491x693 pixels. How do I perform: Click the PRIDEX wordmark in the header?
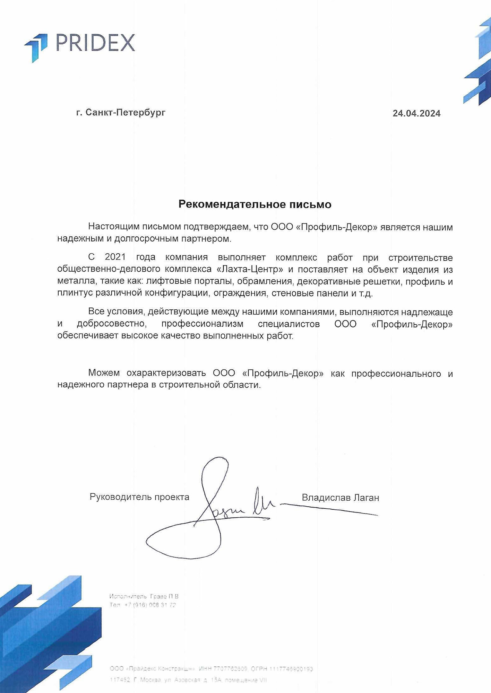click(x=95, y=43)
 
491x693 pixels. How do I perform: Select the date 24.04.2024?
click(x=416, y=113)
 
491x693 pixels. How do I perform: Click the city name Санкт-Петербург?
click(x=125, y=112)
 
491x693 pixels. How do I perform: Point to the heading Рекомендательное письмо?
click(x=255, y=204)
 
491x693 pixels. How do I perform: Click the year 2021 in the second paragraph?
click(x=115, y=257)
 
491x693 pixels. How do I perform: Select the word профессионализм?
click(x=202, y=324)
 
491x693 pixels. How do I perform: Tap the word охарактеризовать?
click(x=166, y=373)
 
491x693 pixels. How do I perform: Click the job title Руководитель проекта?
click(x=139, y=497)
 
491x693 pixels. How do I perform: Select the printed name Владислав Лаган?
click(x=340, y=498)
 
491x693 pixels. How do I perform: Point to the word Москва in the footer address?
click(x=150, y=680)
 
